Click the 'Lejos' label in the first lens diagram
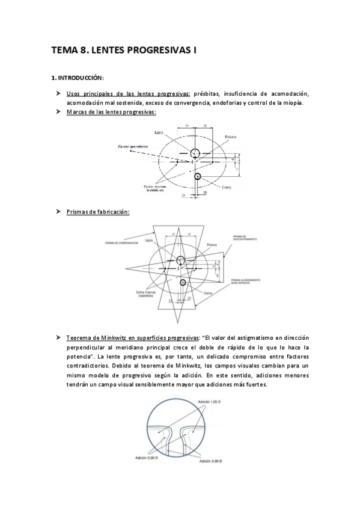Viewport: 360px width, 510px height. point(159,132)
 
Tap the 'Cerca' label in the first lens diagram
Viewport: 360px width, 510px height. point(227,187)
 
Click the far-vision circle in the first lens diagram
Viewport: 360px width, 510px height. point(195,155)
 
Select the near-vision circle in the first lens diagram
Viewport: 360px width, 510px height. point(198,176)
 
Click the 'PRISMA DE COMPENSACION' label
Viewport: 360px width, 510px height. point(121,243)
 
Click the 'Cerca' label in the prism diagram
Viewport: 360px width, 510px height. point(207,293)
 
